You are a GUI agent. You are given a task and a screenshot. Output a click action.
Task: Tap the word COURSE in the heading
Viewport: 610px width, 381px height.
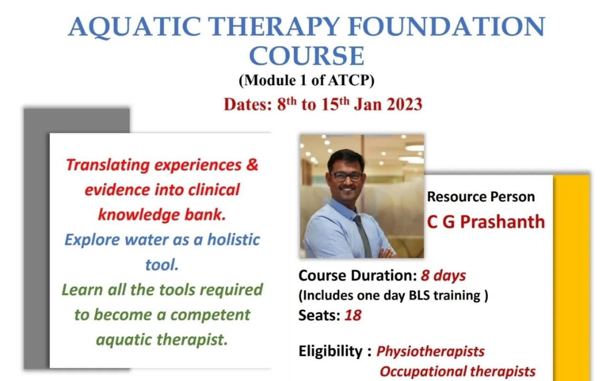307,56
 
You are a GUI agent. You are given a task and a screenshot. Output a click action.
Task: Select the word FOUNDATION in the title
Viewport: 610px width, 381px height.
447,26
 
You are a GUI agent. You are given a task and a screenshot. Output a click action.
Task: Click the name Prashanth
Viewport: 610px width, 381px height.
502,221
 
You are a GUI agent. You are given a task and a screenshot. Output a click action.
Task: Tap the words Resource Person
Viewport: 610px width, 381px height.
481,197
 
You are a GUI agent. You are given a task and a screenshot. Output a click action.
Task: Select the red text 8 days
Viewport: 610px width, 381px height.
443,276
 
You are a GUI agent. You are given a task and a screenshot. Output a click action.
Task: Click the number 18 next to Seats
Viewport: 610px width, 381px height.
353,315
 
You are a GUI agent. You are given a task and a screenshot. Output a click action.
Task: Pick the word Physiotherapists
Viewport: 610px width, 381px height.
430,351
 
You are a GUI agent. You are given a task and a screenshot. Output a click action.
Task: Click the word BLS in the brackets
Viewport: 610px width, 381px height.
419,295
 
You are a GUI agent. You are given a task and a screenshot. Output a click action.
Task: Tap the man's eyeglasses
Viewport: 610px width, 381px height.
346,176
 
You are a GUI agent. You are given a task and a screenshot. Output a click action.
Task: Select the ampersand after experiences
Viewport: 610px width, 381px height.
252,165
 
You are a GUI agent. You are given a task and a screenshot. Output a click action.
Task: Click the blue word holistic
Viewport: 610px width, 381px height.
234,240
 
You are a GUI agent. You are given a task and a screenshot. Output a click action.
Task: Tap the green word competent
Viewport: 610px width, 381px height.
210,315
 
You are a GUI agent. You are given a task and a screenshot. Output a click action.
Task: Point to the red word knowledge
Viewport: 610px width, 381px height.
139,215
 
